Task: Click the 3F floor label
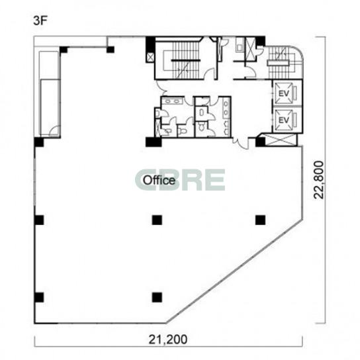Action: tap(40, 21)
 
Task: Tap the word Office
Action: tap(159, 180)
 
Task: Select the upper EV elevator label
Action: tap(284, 93)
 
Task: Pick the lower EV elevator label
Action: tap(284, 120)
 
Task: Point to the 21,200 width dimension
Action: tap(168, 339)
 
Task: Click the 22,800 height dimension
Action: tap(319, 179)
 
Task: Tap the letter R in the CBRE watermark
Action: tap(197, 180)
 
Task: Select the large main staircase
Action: tap(185, 60)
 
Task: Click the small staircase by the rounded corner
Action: tap(281, 62)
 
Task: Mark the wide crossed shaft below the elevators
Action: tap(281, 140)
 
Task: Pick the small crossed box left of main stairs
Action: tap(150, 57)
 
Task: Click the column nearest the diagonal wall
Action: tap(261, 220)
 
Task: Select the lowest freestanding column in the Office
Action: tap(157, 297)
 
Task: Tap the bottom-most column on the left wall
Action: tap(39, 297)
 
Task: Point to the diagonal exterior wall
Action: tap(234, 271)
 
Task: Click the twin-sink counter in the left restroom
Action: tap(172, 101)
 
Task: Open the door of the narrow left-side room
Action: tap(55, 132)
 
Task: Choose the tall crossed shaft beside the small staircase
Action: tap(250, 50)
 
